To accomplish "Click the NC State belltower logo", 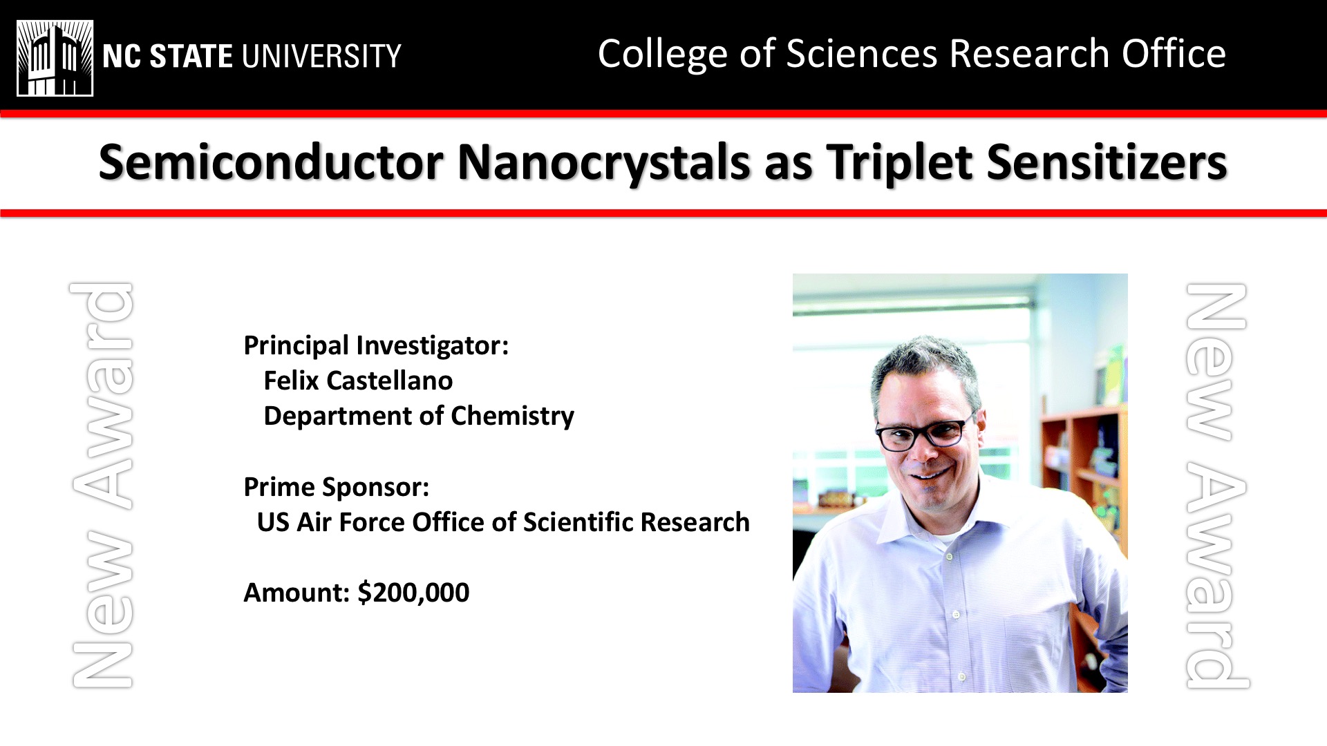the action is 55,58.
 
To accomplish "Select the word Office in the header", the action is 1174,54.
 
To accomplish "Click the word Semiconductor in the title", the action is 271,163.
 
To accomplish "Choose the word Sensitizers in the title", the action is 1107,163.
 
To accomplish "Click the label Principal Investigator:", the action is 376,345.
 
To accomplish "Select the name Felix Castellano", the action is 358,381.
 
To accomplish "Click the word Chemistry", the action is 512,416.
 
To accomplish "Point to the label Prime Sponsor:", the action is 337,487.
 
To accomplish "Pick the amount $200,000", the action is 413,593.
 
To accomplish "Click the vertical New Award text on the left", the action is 102,485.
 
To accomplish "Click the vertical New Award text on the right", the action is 1216,486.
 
